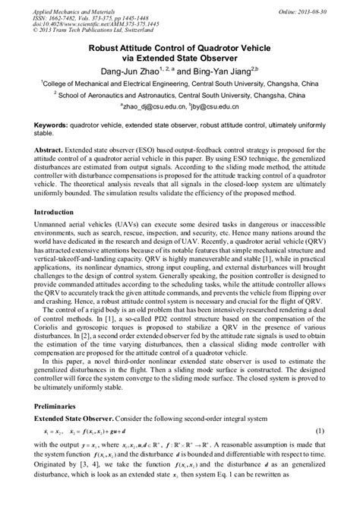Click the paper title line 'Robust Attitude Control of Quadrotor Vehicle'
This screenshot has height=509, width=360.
(179, 47)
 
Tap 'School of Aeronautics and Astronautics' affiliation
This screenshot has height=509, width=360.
(119, 96)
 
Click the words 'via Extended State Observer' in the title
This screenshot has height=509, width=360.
(179, 58)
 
